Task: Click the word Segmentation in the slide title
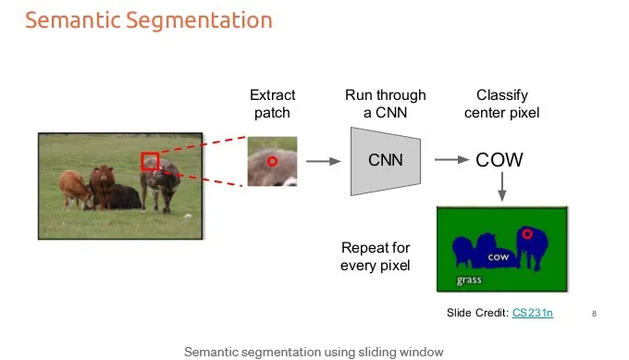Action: [x=200, y=20]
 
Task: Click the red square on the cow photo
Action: [x=150, y=153]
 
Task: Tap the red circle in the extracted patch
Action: [x=272, y=161]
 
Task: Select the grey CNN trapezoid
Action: [x=386, y=161]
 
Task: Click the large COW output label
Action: [x=499, y=160]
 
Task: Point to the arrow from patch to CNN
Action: [x=324, y=161]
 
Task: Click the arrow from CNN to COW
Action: [x=451, y=160]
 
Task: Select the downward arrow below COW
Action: [x=502, y=186]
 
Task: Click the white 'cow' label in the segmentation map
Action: [x=499, y=257]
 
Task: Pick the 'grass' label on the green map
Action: [x=469, y=279]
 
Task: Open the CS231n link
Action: [x=533, y=313]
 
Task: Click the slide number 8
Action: [x=594, y=314]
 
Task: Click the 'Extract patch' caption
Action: [x=272, y=104]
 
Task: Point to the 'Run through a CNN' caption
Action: [x=386, y=104]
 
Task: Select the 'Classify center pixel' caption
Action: [x=502, y=104]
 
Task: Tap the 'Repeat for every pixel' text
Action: [x=376, y=256]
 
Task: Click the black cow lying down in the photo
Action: [x=120, y=196]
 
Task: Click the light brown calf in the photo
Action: [x=75, y=189]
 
